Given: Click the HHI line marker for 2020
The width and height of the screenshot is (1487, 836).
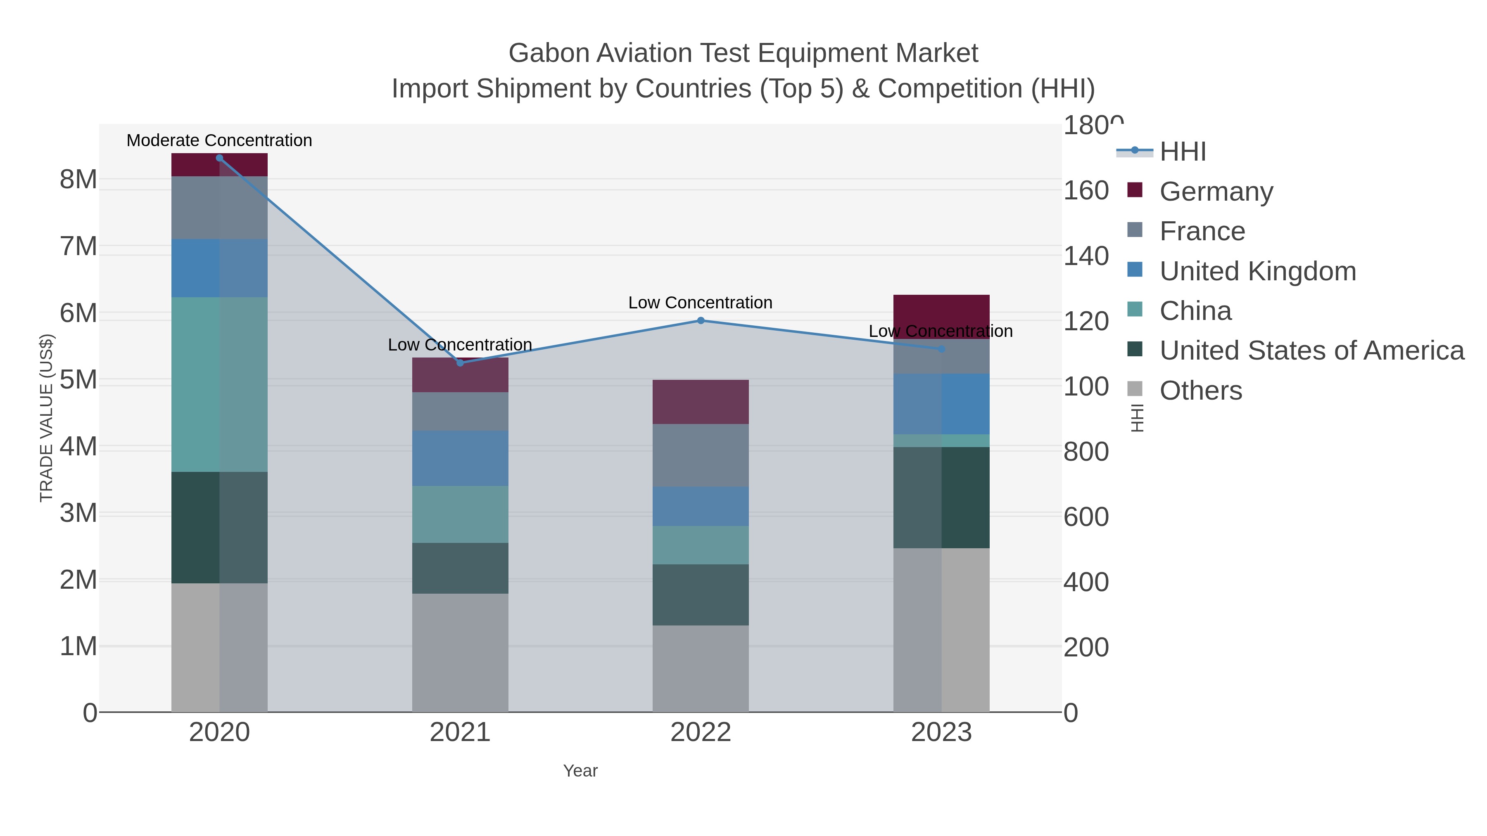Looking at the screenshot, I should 219,158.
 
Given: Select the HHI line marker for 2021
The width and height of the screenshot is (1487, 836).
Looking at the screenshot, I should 460,363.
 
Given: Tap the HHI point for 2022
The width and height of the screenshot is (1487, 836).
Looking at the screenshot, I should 701,320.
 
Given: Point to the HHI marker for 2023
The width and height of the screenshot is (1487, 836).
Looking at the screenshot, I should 941,349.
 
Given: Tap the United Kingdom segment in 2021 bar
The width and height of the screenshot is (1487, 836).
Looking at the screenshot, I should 460,458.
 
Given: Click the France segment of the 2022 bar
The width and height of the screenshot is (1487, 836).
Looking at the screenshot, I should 701,455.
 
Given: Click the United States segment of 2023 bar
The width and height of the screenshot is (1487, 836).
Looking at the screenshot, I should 941,497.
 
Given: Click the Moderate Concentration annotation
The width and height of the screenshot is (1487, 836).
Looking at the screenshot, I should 219,140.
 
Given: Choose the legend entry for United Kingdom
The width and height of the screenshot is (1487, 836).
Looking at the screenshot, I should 1257,271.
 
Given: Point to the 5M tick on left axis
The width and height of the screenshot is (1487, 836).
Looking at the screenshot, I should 78,380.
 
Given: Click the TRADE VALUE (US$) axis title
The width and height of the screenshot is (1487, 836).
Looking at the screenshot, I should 46,418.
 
